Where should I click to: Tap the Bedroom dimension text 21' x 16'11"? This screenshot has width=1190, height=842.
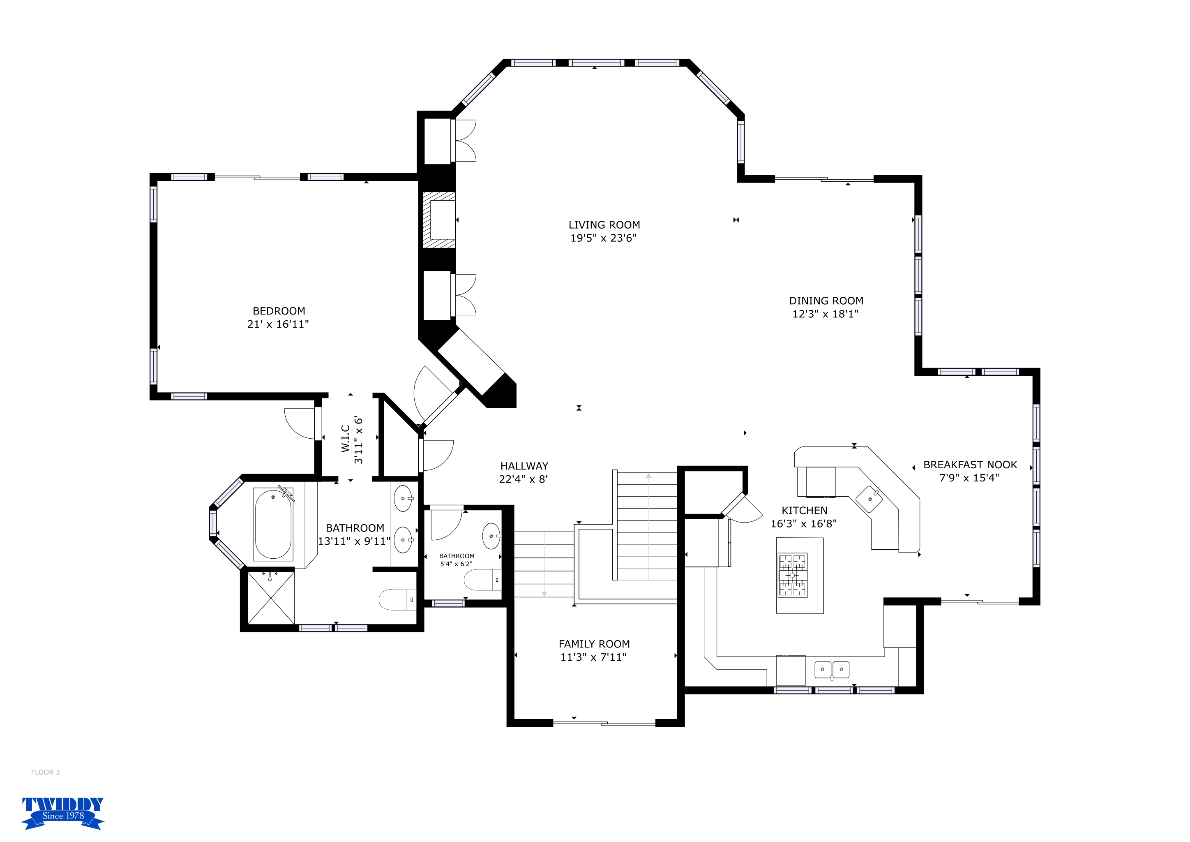(278, 324)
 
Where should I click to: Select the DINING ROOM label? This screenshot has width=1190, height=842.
(826, 301)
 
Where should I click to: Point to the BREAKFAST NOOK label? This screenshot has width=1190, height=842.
(970, 465)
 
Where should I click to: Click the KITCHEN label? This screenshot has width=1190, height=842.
(805, 510)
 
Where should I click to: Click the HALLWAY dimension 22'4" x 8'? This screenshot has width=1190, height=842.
(524, 479)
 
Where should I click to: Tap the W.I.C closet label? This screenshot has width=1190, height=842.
(346, 439)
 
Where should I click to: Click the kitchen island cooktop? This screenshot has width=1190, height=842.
(793, 575)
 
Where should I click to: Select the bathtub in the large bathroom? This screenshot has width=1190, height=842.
(273, 524)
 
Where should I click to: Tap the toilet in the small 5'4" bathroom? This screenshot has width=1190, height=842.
(482, 580)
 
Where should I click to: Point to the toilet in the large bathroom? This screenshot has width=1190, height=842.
(397, 599)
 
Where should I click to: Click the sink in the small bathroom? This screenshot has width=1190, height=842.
(491, 536)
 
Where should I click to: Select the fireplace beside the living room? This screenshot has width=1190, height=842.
(439, 220)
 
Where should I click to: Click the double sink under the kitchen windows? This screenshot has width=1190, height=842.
(832, 669)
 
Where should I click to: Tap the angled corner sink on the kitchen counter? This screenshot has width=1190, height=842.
(869, 499)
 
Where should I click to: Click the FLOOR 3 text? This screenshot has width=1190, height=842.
(46, 772)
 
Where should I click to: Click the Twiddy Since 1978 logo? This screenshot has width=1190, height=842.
(63, 812)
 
